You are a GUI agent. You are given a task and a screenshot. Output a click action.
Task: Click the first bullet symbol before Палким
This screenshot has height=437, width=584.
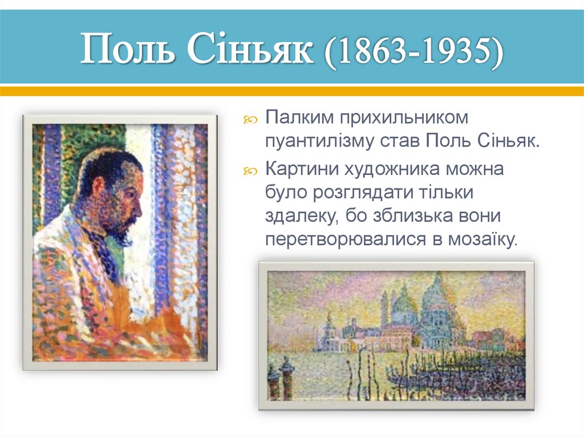pyautogui.click(x=252, y=119)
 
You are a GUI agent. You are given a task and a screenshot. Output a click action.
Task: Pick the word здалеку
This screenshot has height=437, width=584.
pyautogui.click(x=298, y=217)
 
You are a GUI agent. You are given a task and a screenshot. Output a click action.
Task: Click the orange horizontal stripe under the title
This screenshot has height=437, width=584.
pyautogui.click(x=292, y=91)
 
